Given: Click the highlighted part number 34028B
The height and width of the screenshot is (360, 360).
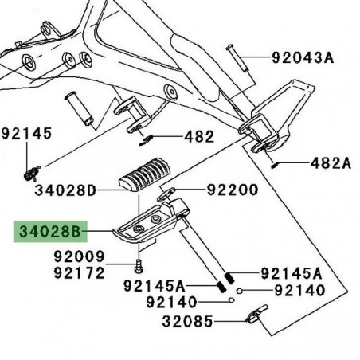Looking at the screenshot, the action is [x=50, y=232].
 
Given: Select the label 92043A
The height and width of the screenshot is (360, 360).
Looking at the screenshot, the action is [x=303, y=57].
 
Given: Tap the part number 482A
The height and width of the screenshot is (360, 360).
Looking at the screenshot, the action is [x=331, y=163].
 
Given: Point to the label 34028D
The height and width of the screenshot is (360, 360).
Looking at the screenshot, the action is [x=65, y=190].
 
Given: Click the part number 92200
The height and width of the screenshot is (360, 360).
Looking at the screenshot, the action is [x=233, y=190].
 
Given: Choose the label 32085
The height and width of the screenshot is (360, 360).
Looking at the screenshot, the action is [x=187, y=322].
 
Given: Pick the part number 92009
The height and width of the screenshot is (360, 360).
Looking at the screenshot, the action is [x=80, y=256].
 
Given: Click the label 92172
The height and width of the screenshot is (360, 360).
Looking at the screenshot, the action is [x=80, y=273].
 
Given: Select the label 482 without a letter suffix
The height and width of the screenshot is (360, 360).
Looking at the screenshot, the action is [x=199, y=137].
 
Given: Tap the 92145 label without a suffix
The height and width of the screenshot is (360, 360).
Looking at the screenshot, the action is [x=26, y=133].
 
